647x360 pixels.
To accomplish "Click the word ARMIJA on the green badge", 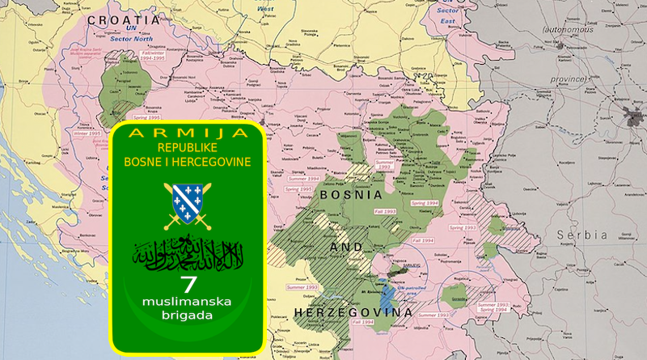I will pos(188,133).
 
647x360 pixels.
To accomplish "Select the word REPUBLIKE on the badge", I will pos(188,148).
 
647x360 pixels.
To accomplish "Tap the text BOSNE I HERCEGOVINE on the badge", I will pos(188,162).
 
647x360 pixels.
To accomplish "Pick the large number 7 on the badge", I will pos(188,284).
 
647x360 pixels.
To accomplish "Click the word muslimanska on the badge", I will pos(188,302).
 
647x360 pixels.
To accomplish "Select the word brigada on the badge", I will pos(188,316).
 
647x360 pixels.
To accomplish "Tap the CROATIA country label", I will pos(124,19).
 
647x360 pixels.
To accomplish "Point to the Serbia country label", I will pos(581,235).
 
